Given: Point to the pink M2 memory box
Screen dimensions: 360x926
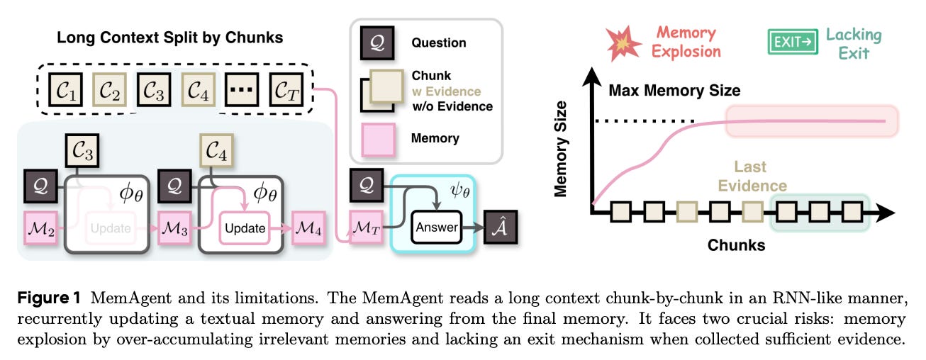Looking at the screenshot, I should [40, 227].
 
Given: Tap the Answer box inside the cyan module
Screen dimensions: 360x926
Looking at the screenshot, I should [435, 227].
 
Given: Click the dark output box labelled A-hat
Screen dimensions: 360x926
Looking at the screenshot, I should [500, 227].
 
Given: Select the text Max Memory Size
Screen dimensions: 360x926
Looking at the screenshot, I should [674, 91].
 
